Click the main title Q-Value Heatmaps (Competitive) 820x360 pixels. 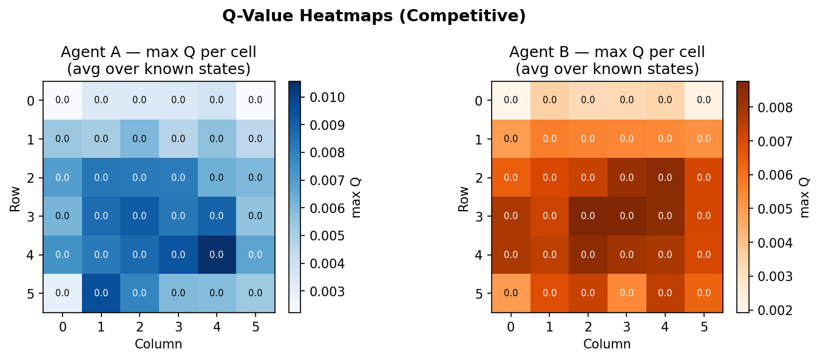pyautogui.click(x=374, y=16)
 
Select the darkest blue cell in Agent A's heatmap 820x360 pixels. pyautogui.click(x=217, y=254)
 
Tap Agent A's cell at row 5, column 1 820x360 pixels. pyautogui.click(x=101, y=293)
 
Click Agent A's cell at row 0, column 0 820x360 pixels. pyautogui.click(x=63, y=100)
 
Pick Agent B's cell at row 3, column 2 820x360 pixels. pyautogui.click(x=588, y=216)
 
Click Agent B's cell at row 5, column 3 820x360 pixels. pyautogui.click(x=626, y=293)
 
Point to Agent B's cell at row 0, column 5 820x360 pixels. pyautogui.click(x=703, y=100)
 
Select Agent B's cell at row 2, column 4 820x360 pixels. pyautogui.click(x=665, y=177)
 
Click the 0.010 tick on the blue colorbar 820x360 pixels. pyautogui.click(x=327, y=97)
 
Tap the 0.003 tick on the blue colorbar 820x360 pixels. pyautogui.click(x=327, y=291)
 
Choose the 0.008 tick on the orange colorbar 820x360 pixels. pyautogui.click(x=776, y=108)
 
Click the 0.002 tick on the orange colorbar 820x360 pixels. pyautogui.click(x=776, y=310)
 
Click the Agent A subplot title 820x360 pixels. pyautogui.click(x=158, y=61)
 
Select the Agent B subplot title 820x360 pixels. pyautogui.click(x=607, y=61)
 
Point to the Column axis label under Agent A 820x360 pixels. pyautogui.click(x=158, y=344)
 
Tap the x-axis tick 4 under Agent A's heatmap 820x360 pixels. pyautogui.click(x=217, y=327)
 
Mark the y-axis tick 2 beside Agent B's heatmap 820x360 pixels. pyautogui.click(x=478, y=178)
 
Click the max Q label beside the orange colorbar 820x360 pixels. pyautogui.click(x=805, y=197)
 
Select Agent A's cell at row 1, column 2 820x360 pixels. pyautogui.click(x=140, y=138)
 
